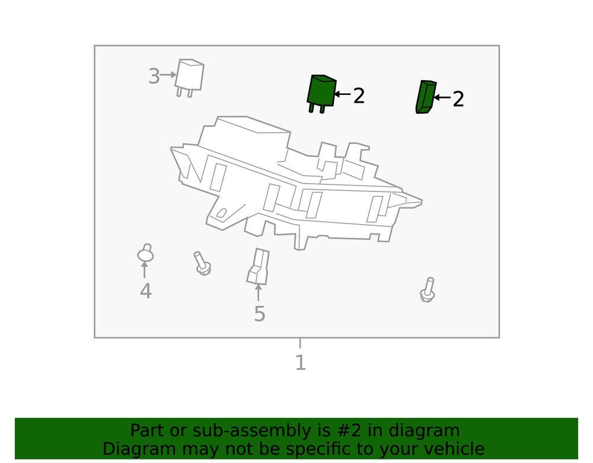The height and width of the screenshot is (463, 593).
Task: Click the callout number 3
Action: point(154,76)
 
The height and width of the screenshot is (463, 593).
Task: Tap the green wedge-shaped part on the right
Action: point(425,97)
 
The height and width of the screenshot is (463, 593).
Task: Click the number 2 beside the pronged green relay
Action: point(359,96)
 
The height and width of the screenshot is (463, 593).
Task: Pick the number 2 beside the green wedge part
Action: point(458,100)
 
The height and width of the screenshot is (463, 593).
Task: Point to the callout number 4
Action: point(146,292)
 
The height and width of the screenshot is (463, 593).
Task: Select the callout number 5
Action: point(259,314)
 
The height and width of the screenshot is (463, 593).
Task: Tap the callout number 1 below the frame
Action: point(300,363)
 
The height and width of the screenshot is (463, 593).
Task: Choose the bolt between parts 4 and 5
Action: point(202,263)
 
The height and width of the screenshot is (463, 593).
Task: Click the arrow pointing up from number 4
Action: point(145,270)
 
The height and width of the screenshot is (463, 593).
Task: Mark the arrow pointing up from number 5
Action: point(258,293)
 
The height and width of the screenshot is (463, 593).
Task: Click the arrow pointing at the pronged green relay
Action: point(342,94)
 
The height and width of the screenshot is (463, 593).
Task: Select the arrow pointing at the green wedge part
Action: point(442,97)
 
